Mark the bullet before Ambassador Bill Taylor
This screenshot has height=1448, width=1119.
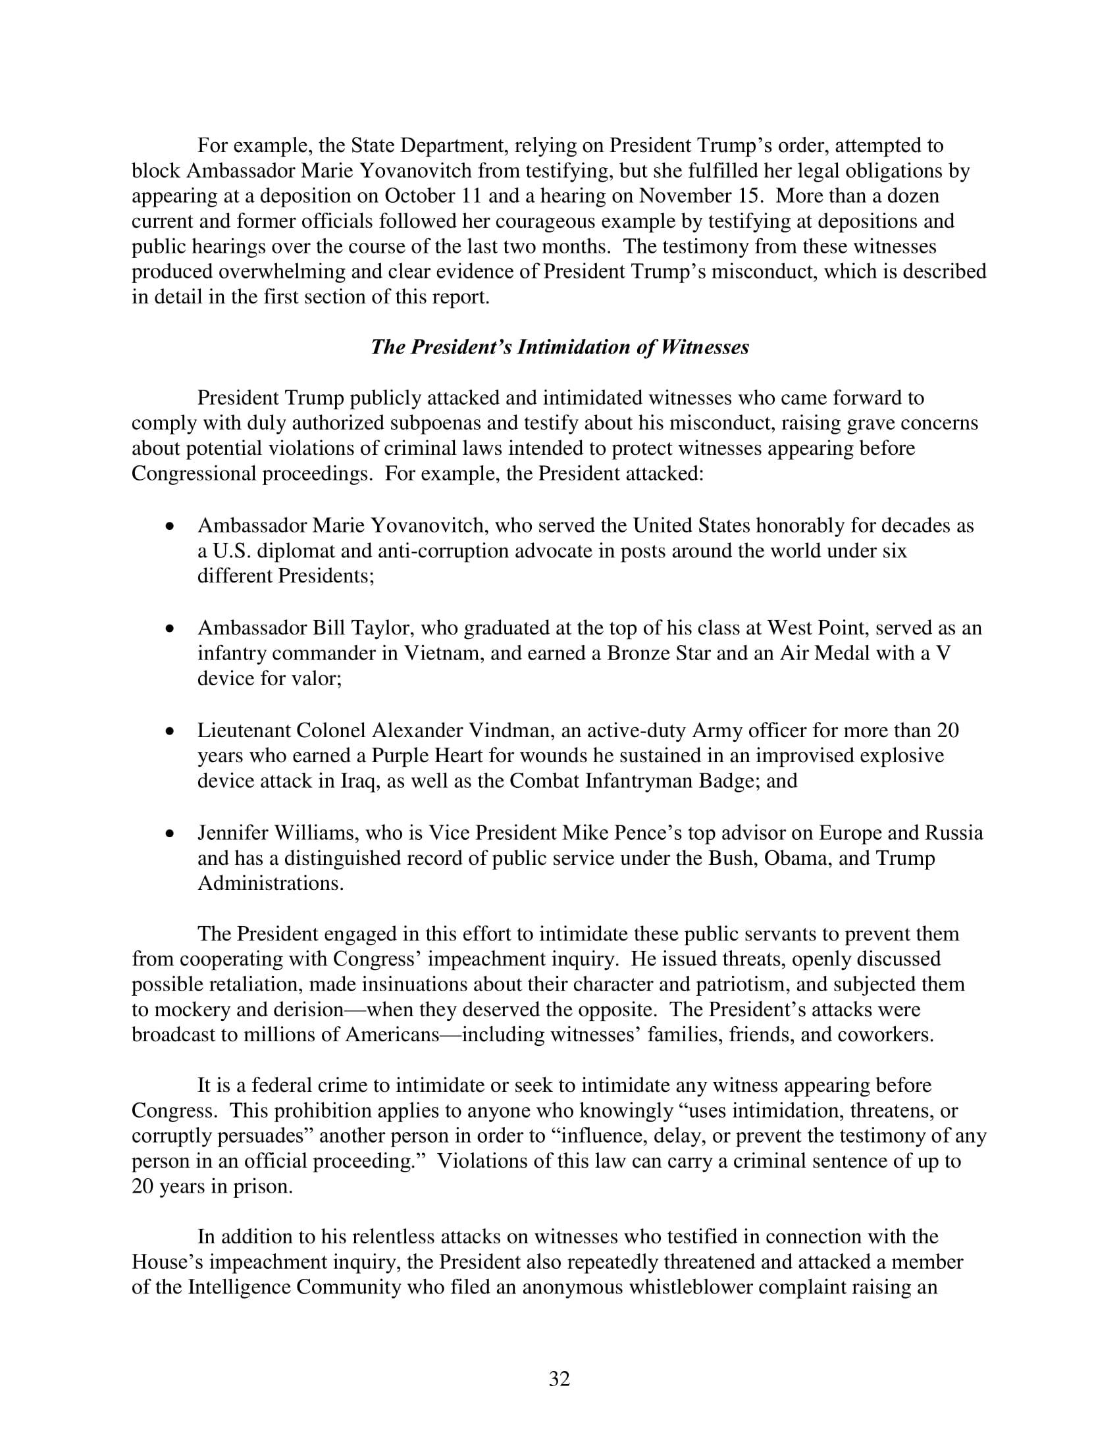click(x=171, y=628)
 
